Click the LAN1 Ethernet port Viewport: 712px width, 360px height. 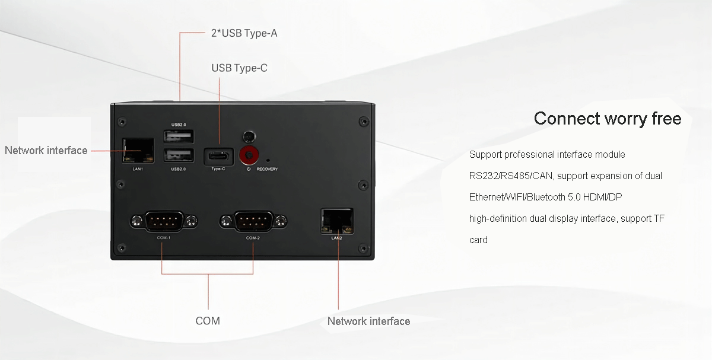point(138,151)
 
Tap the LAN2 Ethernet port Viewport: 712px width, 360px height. point(336,220)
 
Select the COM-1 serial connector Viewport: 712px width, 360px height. point(163,222)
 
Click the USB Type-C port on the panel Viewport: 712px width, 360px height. point(218,157)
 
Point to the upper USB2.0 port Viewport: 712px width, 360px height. point(178,136)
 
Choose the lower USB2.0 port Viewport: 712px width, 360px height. point(178,156)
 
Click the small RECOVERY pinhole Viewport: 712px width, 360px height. point(269,160)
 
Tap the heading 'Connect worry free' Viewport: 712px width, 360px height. point(607,119)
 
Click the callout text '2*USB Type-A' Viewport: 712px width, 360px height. point(244,33)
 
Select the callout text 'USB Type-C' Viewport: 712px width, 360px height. point(239,68)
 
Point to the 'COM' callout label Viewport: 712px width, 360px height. point(208,321)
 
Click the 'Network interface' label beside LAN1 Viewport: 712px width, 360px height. point(46,151)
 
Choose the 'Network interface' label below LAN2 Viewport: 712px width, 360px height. point(368,321)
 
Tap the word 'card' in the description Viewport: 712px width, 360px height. point(478,240)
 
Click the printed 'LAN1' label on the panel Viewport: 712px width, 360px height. point(138,169)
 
